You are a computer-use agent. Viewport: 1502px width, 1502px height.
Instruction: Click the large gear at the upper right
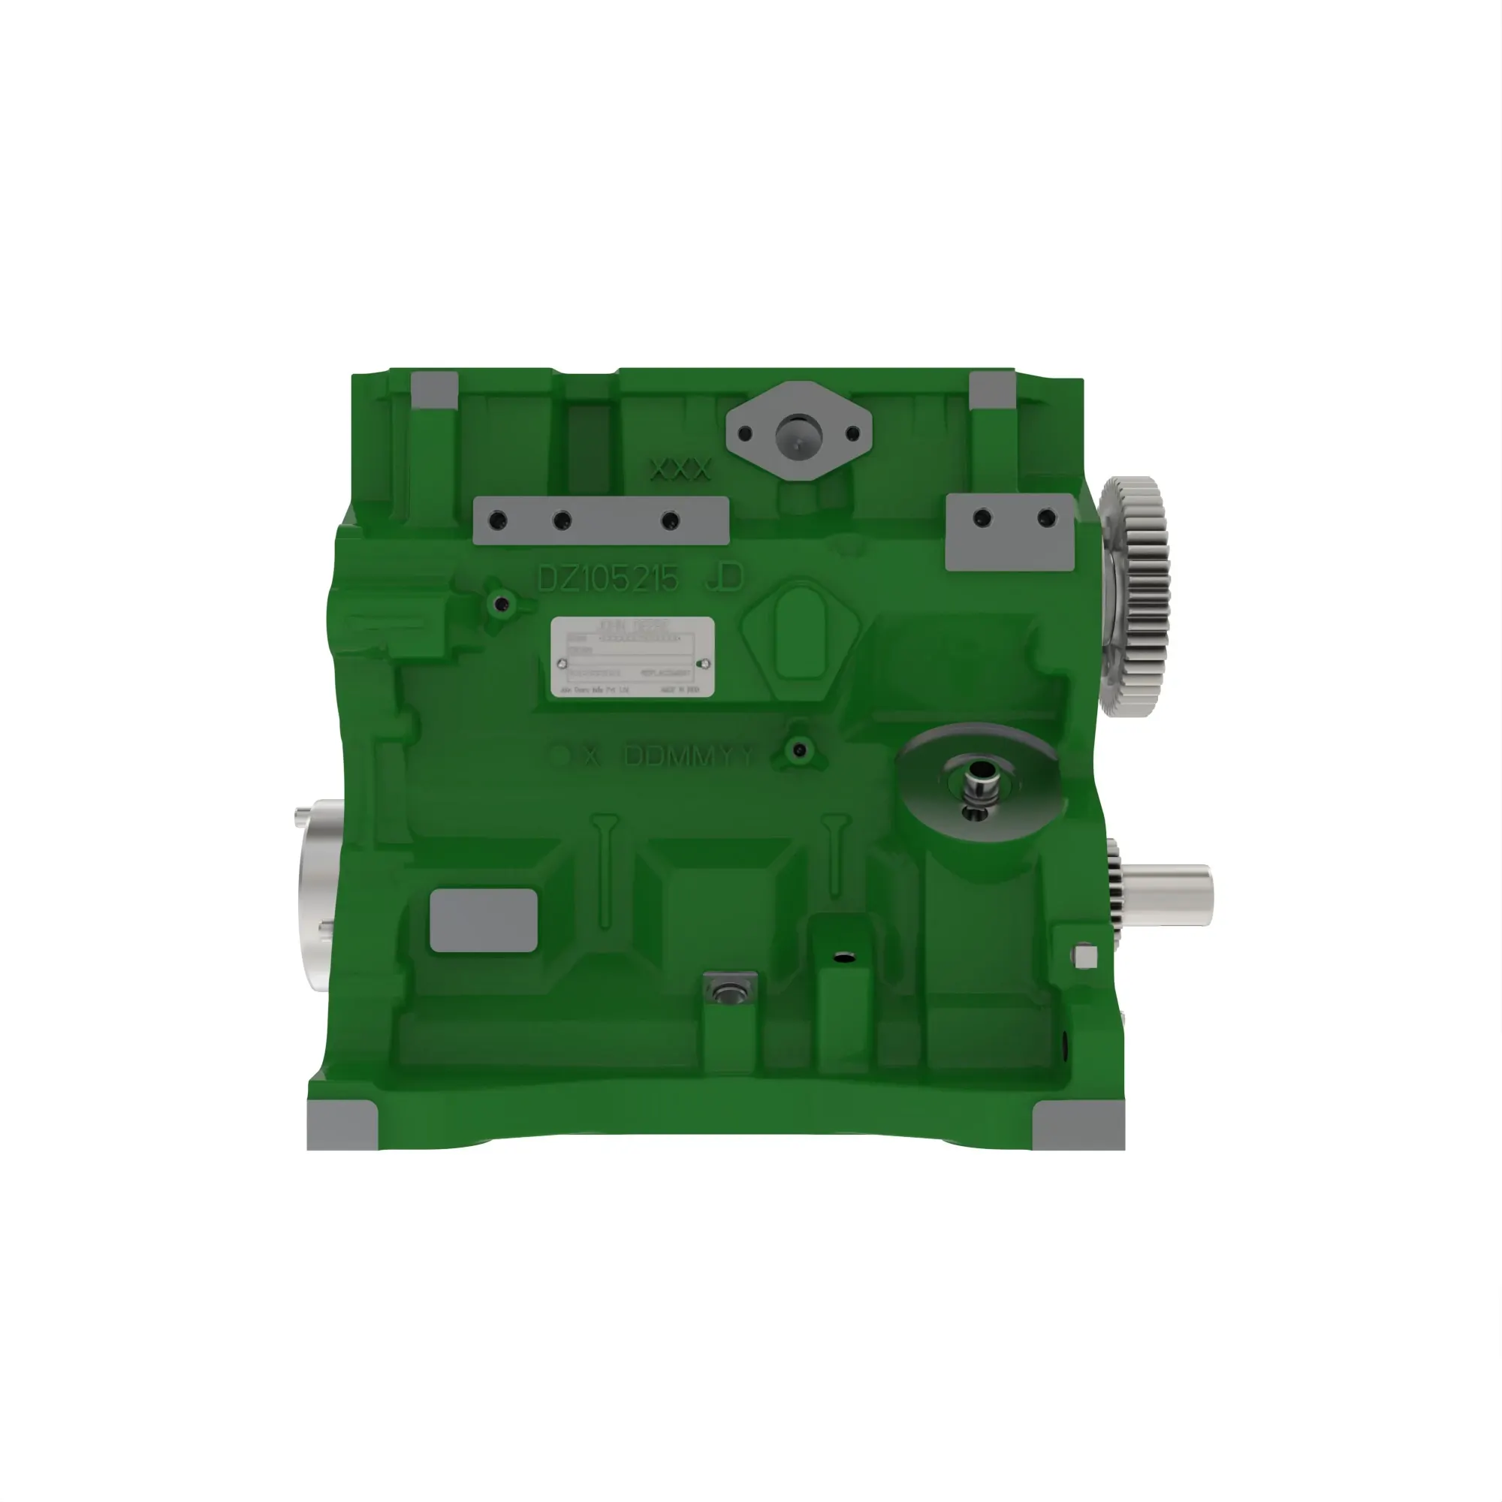click(x=1136, y=596)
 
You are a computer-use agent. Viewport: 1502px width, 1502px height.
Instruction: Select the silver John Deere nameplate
click(x=632, y=656)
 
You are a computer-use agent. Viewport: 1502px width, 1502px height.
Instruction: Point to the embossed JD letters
click(x=725, y=578)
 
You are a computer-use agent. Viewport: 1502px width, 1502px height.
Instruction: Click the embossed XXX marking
click(x=680, y=469)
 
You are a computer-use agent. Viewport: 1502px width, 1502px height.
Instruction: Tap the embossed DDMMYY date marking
click(x=689, y=756)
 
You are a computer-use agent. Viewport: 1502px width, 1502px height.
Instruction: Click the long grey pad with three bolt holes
click(x=600, y=520)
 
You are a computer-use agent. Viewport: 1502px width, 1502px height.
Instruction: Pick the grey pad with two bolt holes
click(x=1011, y=532)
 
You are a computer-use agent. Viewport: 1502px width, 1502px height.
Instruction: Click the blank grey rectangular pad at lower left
click(x=484, y=921)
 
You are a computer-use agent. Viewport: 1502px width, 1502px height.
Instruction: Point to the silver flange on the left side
click(x=316, y=894)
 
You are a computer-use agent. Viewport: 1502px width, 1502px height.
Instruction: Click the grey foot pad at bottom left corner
click(x=341, y=1126)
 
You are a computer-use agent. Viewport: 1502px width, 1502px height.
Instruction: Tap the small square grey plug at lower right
click(x=1085, y=956)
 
